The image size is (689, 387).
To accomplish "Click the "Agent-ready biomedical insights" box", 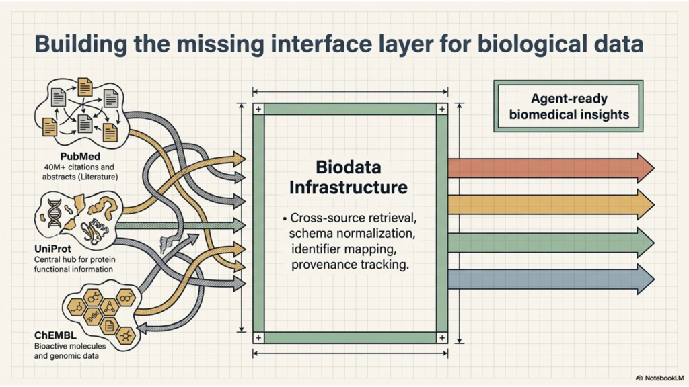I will [569, 106].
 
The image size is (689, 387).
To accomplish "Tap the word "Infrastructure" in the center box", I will [349, 187].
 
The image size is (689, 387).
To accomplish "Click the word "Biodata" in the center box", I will [349, 165].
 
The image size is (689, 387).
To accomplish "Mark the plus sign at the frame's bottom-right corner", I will [441, 337].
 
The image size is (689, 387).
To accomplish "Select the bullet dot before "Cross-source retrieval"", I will [285, 219].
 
